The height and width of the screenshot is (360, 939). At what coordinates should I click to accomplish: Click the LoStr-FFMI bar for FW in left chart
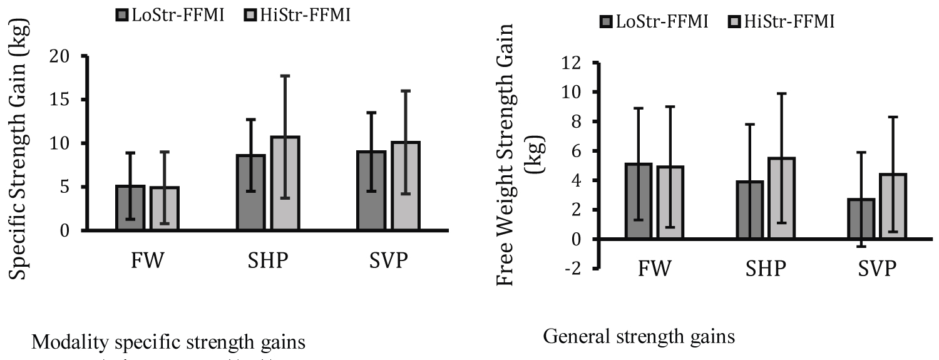[130, 208]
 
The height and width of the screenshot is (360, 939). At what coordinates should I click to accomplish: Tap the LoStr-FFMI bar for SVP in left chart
[372, 191]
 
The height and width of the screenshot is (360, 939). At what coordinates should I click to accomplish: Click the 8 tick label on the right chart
[576, 121]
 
